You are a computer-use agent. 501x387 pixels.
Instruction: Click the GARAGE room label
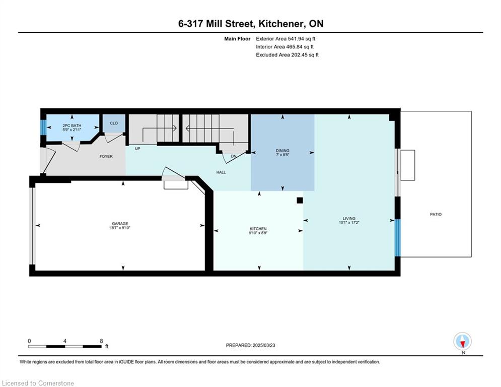coord(120,224)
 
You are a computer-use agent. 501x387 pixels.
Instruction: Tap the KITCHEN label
coord(258,229)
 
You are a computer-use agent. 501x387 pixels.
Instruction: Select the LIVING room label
coord(349,219)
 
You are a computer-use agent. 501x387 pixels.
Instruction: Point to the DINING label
coord(282,150)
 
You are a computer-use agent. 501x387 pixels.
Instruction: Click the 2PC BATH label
coord(72,125)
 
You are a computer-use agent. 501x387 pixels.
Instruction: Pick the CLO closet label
coord(114,123)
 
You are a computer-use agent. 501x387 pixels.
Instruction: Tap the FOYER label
coord(106,156)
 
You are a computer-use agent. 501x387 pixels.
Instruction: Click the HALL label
coord(221,172)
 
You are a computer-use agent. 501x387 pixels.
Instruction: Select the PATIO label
coord(436,214)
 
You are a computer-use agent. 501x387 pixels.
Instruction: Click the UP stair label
coord(137,149)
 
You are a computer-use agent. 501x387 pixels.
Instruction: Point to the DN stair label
coord(234,156)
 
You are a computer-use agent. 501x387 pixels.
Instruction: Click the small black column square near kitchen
coord(300,200)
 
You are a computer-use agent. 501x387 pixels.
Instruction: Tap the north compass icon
coord(462,341)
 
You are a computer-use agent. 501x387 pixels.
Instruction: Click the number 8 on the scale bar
coord(101,341)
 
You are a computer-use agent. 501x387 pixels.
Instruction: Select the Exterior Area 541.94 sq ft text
coord(285,39)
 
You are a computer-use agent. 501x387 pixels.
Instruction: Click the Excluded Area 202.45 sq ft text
coord(287,55)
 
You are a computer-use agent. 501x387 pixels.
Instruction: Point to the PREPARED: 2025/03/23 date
coord(251,345)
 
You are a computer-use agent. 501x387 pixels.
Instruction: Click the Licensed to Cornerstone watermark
coord(38,383)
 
